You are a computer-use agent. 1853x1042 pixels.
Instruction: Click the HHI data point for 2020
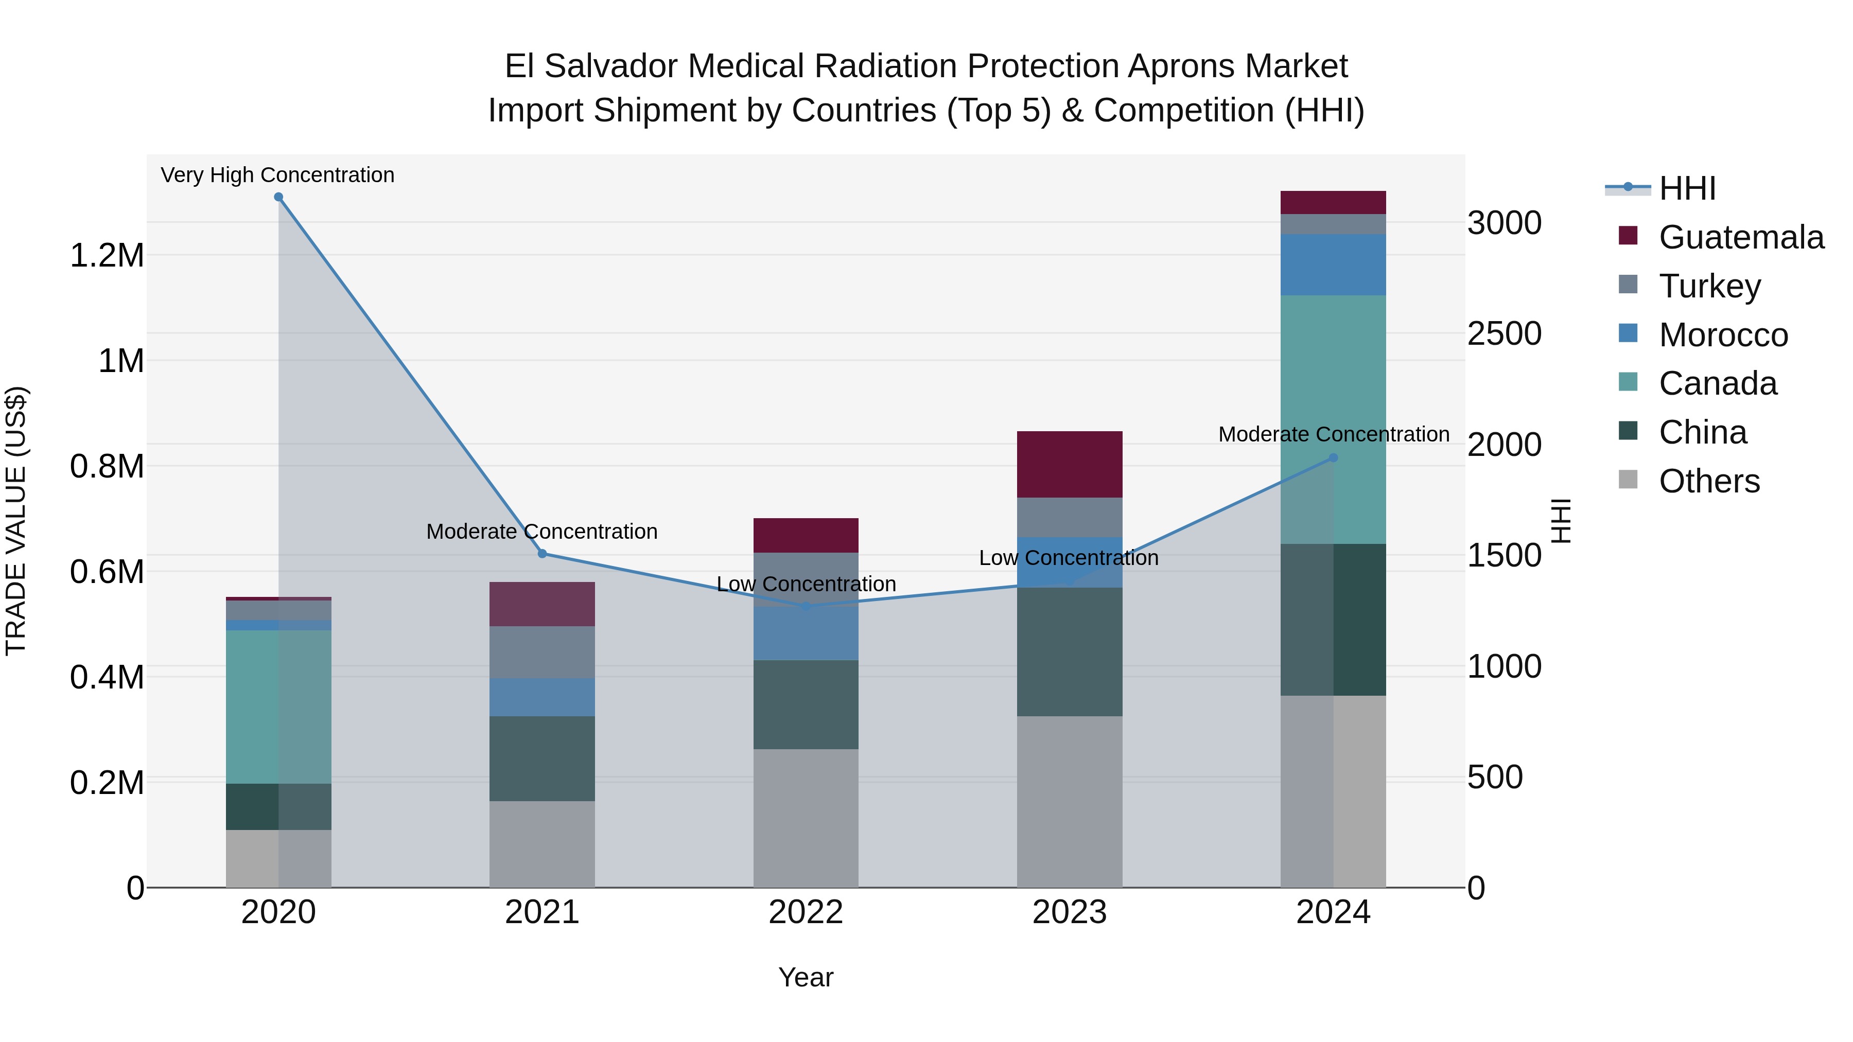278,197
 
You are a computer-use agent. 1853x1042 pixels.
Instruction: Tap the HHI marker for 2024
1333,457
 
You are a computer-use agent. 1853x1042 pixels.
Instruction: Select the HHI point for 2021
543,553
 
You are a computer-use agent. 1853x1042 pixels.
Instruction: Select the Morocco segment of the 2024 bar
1333,264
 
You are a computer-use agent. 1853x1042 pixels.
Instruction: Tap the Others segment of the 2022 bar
806,818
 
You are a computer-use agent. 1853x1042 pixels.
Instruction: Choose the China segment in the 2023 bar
1069,651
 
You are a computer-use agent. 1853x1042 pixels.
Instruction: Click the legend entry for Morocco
1722,334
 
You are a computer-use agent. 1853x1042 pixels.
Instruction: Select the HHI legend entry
1686,188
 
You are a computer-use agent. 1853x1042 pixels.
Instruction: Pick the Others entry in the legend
1708,481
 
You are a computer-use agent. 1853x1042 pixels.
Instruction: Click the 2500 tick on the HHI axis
1504,333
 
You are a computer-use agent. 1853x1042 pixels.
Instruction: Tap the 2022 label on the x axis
806,912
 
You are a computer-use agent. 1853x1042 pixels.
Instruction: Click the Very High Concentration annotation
277,175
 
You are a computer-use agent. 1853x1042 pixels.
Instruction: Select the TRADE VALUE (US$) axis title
16,521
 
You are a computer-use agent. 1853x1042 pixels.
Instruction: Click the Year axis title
806,977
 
